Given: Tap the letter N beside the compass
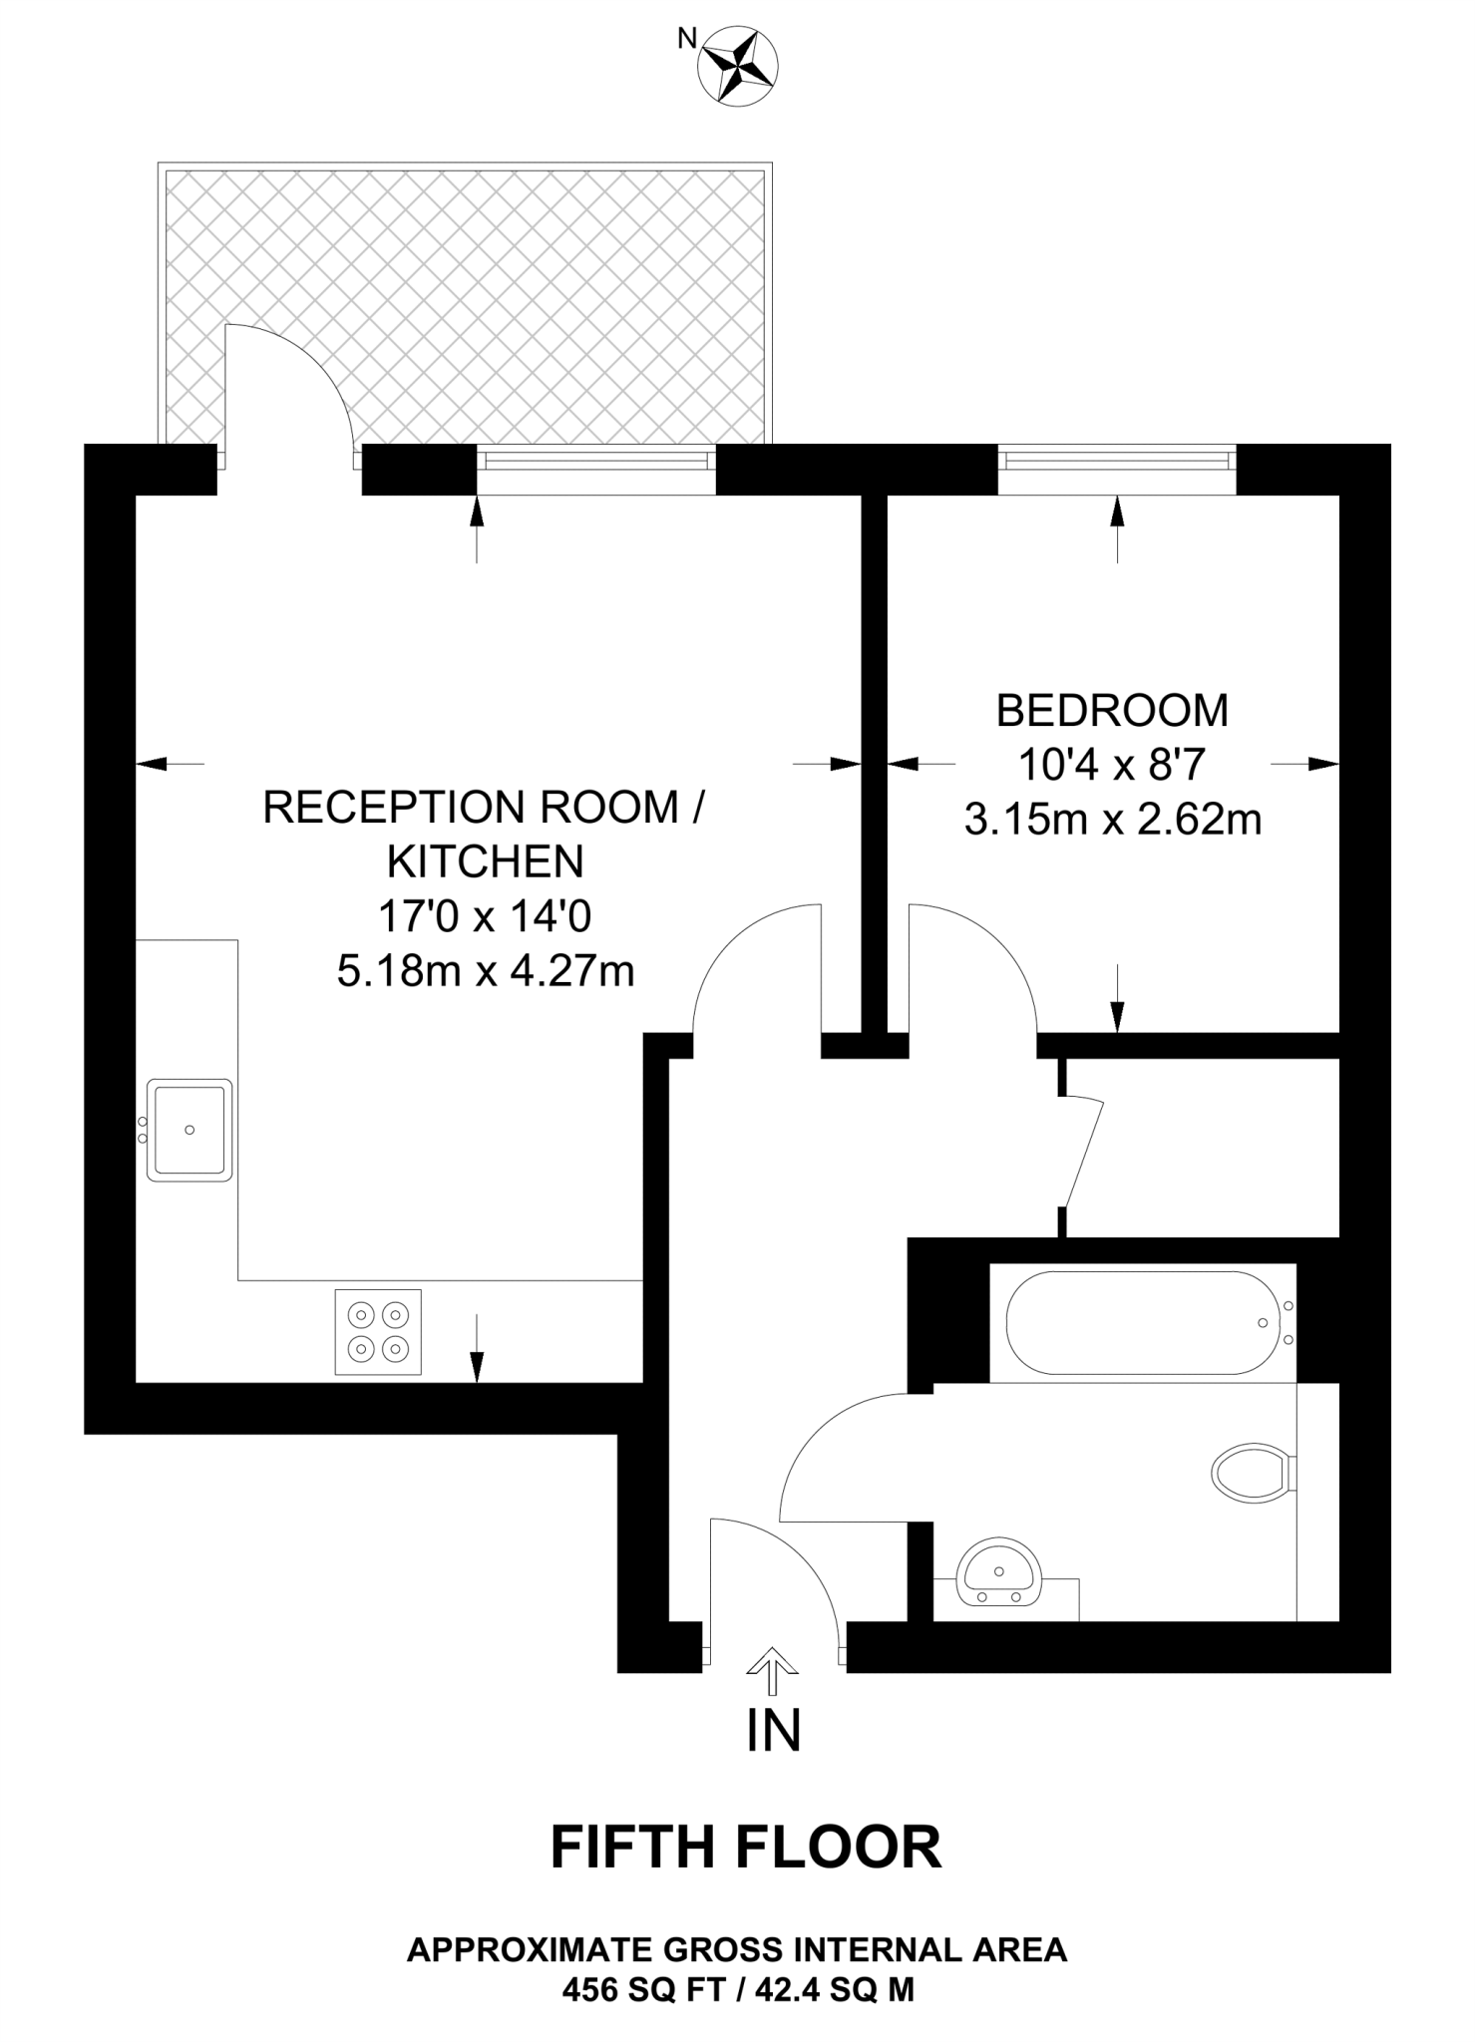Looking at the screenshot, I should click(687, 39).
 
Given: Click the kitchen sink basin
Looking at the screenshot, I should click(189, 1130).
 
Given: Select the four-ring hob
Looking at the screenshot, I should click(378, 1332).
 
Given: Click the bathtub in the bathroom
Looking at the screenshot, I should click(1143, 1323).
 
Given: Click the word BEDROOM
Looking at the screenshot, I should click(1112, 711).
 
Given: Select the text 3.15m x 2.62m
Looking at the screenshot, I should click(1112, 820).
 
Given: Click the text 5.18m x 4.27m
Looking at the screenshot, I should click(486, 970).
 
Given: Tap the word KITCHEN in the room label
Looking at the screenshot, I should click(486, 861).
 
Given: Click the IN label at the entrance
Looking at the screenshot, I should click(773, 1731).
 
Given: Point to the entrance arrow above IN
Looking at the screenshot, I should click(773, 1670).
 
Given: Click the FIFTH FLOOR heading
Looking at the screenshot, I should click(746, 1847).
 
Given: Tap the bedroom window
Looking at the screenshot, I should click(1117, 460).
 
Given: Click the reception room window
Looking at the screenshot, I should click(595, 460).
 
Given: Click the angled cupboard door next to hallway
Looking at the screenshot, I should click(1084, 1153).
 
